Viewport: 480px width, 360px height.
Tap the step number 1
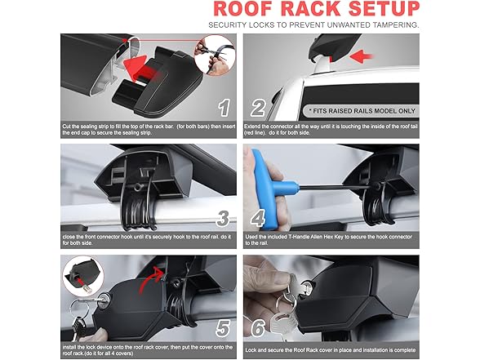pyautogui.click(x=224, y=108)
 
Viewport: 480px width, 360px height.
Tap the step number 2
pyautogui.click(x=258, y=108)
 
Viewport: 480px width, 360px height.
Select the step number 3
pyautogui.click(x=223, y=218)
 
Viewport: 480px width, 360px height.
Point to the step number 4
pyautogui.click(x=258, y=218)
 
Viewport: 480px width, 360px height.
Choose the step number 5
pyautogui.click(x=223, y=328)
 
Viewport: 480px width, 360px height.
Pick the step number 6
pyautogui.click(x=258, y=328)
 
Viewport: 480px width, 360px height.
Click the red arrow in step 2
pyautogui.click(x=361, y=56)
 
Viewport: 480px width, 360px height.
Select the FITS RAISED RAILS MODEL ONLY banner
pyautogui.click(x=362, y=111)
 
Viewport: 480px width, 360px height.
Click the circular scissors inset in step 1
pyautogui.click(x=215, y=56)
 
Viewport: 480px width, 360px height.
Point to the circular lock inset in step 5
pyautogui.click(x=83, y=276)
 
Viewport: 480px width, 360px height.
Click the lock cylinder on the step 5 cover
pyautogui.click(x=105, y=298)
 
